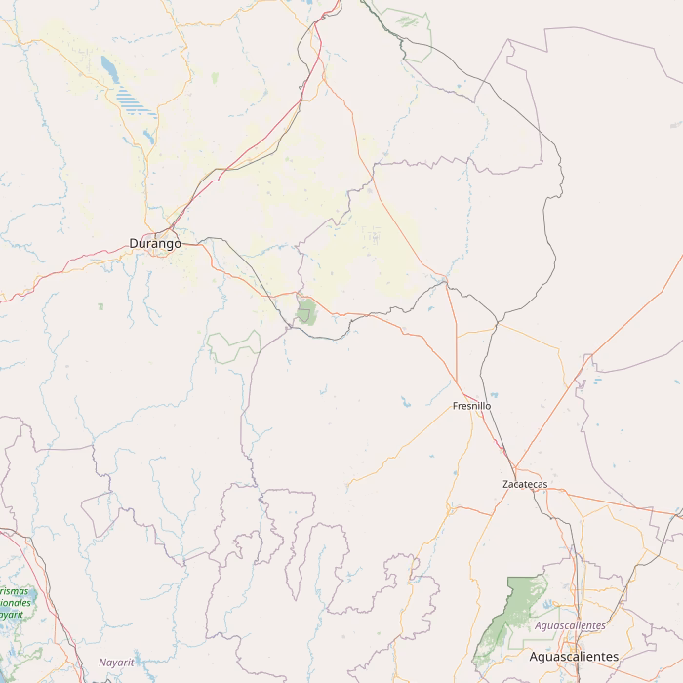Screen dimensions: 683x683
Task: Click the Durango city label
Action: pyautogui.click(x=154, y=243)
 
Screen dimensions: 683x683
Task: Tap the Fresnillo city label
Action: pyautogui.click(x=471, y=405)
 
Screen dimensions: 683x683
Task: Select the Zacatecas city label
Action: pyautogui.click(x=525, y=484)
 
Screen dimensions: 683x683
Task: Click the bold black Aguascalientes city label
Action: pyautogui.click(x=573, y=657)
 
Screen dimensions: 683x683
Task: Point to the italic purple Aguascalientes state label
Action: pyautogui.click(x=571, y=625)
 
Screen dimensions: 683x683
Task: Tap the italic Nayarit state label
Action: pyautogui.click(x=116, y=663)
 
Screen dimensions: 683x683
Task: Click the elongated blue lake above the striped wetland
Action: pyautogui.click(x=106, y=66)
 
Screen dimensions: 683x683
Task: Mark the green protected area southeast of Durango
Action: pyautogui.click(x=306, y=311)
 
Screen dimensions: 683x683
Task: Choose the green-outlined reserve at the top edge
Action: pyautogui.click(x=409, y=20)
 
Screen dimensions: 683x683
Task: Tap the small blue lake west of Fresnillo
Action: pyautogui.click(x=405, y=399)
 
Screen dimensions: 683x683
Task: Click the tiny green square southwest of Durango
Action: pyautogui.click(x=100, y=306)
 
